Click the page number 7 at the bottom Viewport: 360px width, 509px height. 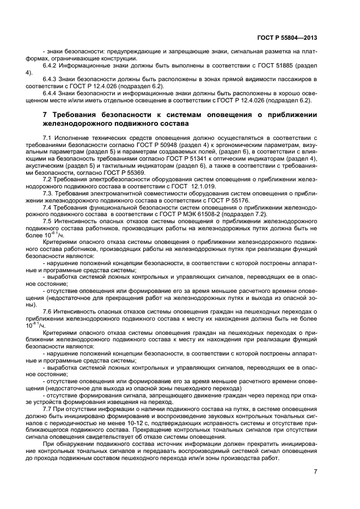315,471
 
